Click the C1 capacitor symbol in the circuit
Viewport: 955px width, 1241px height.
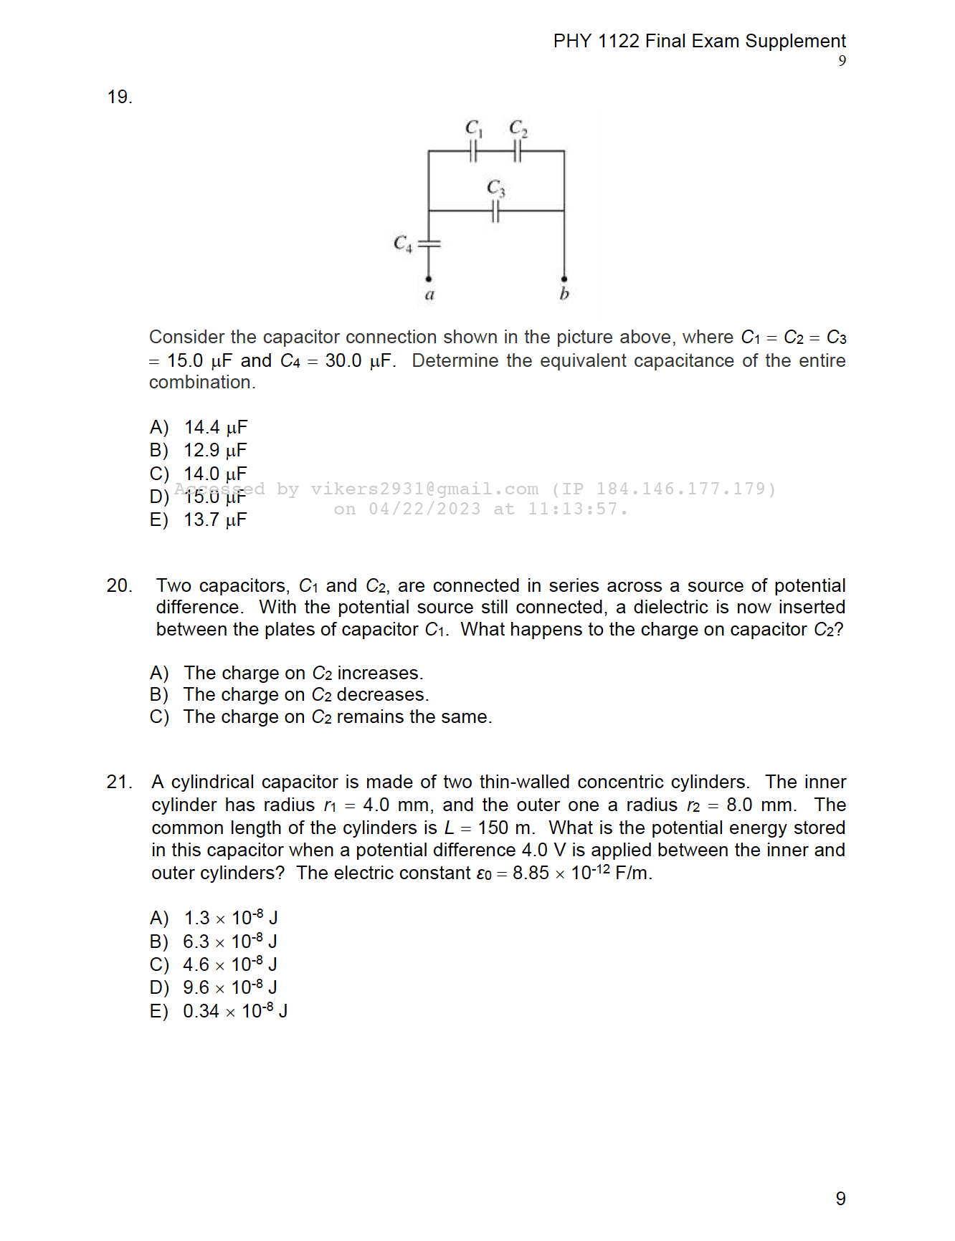[473, 151]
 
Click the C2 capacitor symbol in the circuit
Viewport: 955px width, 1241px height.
[518, 151]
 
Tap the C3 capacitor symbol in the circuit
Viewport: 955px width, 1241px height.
[495, 211]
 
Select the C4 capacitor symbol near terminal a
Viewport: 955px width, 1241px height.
[429, 244]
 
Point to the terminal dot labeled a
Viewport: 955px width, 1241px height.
[429, 279]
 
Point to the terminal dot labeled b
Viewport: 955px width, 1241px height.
[564, 279]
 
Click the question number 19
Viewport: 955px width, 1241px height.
[119, 97]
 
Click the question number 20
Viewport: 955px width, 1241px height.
[119, 585]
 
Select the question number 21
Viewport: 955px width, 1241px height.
[119, 782]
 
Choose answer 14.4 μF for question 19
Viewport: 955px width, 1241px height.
[215, 427]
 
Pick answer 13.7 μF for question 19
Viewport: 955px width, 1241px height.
[215, 519]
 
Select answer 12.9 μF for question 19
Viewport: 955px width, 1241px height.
[215, 450]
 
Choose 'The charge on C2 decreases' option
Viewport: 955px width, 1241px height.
[305, 695]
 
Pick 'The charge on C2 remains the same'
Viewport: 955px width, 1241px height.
[337, 717]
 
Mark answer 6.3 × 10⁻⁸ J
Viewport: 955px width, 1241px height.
[229, 941]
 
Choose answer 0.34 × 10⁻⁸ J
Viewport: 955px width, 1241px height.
[235, 1011]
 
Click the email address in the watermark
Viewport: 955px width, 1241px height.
[424, 489]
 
